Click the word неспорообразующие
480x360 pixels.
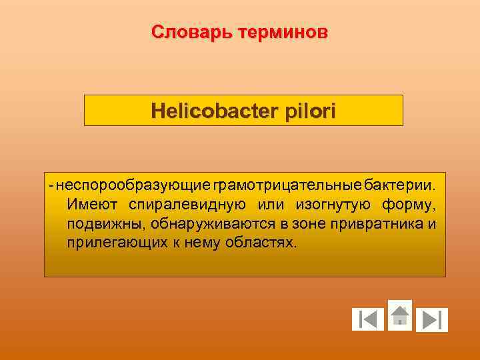pyautogui.click(x=134, y=183)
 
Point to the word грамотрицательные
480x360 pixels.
pyautogui.click(x=287, y=183)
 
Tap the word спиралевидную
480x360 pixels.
pyautogui.click(x=188, y=203)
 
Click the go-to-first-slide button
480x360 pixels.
pyautogui.click(x=368, y=320)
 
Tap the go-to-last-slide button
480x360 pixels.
pyautogui.click(x=432, y=320)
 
